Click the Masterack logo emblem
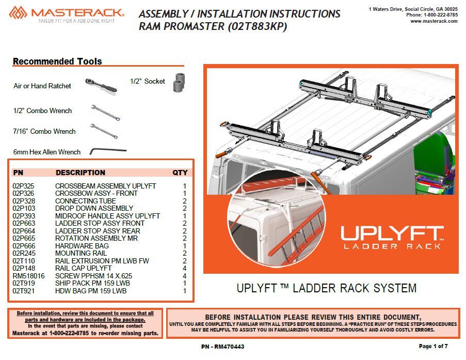tap(18, 13)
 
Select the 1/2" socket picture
tap(179, 82)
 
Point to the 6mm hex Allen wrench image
tap(108, 151)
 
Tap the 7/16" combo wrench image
tap(104, 131)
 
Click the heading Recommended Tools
tap(57, 61)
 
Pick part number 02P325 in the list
tap(23, 186)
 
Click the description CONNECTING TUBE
tap(86, 201)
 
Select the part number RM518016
tap(28, 276)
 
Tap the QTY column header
tap(180, 173)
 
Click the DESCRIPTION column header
tap(81, 173)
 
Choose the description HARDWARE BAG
tap(82, 246)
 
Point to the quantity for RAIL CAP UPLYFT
tap(185, 269)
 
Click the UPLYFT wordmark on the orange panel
tap(392, 233)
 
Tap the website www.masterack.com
tap(434, 21)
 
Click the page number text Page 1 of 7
tap(433, 346)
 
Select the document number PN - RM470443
tap(222, 347)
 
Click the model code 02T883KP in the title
tap(258, 26)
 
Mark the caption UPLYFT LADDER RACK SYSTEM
tap(327, 288)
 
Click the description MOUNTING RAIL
tap(81, 253)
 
